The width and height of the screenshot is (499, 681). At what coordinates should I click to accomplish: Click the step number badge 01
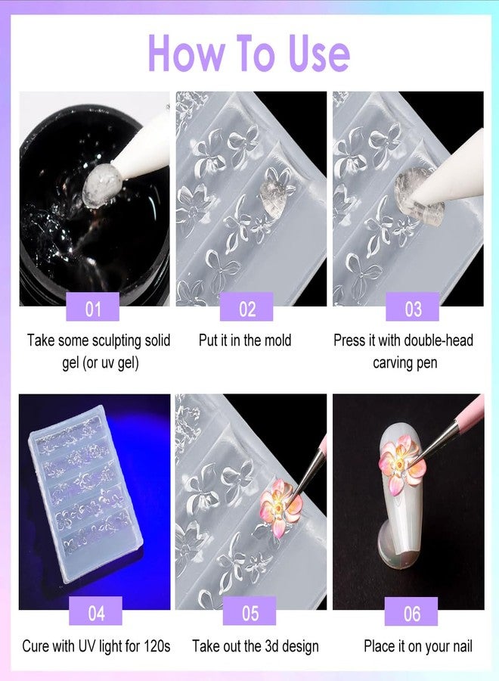93,308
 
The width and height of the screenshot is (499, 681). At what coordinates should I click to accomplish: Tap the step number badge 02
247,308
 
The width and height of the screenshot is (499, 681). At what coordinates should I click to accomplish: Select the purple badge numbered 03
412,308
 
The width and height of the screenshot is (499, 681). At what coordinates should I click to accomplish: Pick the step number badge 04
95,612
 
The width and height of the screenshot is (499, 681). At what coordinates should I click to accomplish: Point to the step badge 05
249,612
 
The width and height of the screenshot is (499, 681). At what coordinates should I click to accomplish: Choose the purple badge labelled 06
411,612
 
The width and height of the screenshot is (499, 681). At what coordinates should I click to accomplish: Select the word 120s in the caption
153,646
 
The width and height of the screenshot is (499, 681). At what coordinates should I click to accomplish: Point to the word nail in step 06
457,646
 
